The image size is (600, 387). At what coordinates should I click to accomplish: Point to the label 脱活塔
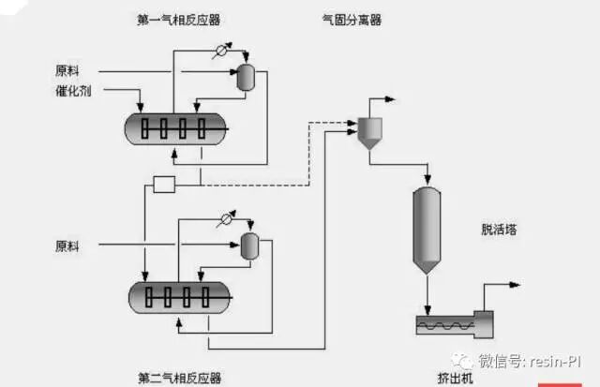(498, 230)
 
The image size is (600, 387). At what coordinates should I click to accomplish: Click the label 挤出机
(456, 377)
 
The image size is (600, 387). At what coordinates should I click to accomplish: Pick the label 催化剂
(73, 91)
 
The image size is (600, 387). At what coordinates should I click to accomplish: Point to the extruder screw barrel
(445, 325)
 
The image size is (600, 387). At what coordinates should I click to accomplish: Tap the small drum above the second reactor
(250, 246)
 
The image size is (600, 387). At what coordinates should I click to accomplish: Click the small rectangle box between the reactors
(165, 184)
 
